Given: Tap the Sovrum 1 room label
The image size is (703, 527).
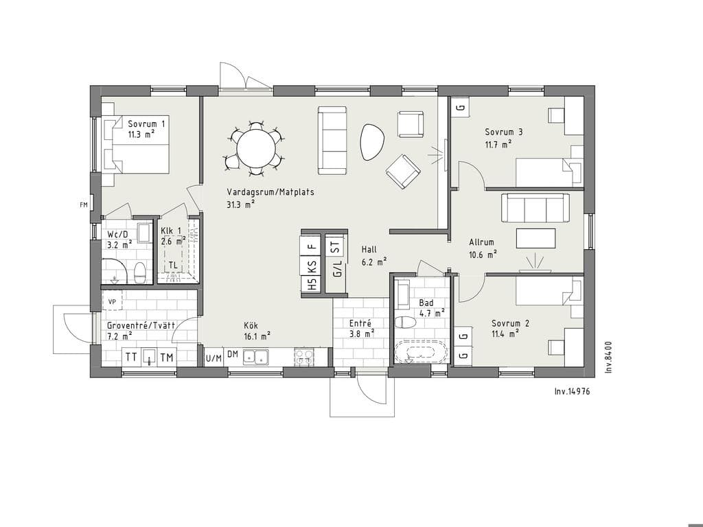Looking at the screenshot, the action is pos(146,124).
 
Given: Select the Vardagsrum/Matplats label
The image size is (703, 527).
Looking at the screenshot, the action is pos(270,192).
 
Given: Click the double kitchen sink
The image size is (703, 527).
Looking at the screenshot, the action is pos(256,356).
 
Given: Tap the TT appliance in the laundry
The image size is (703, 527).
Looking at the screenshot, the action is pos(131,357).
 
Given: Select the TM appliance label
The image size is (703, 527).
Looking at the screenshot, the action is pos(167,358).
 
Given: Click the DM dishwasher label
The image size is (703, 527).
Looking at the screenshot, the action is pos(232,354).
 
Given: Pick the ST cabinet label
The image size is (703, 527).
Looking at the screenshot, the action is pos(335,247).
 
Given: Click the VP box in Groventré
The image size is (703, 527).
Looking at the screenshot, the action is pos(112,302).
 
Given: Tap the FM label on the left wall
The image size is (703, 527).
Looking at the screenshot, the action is pos(83,205).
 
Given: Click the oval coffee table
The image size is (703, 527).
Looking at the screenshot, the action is pos(372,141).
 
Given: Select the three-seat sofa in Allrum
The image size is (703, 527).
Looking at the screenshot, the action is pos(535,207).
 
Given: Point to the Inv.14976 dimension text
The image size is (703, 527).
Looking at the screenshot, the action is pos(572,391).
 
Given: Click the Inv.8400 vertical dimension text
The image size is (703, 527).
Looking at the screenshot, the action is pos(608,357).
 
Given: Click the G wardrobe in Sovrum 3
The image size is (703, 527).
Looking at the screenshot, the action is pos(460,108).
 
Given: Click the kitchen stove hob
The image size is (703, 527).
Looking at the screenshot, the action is pos(304,356).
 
